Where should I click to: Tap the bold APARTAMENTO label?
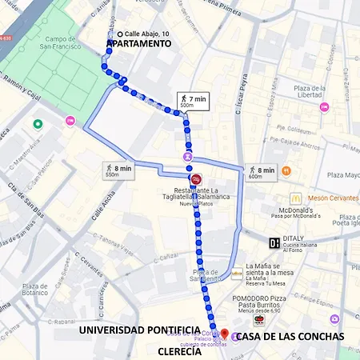(139, 44)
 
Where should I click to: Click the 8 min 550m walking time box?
(118, 170)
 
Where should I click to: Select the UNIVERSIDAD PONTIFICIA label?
(139, 330)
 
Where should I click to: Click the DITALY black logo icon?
(274, 242)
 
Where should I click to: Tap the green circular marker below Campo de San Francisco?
(37, 124)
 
